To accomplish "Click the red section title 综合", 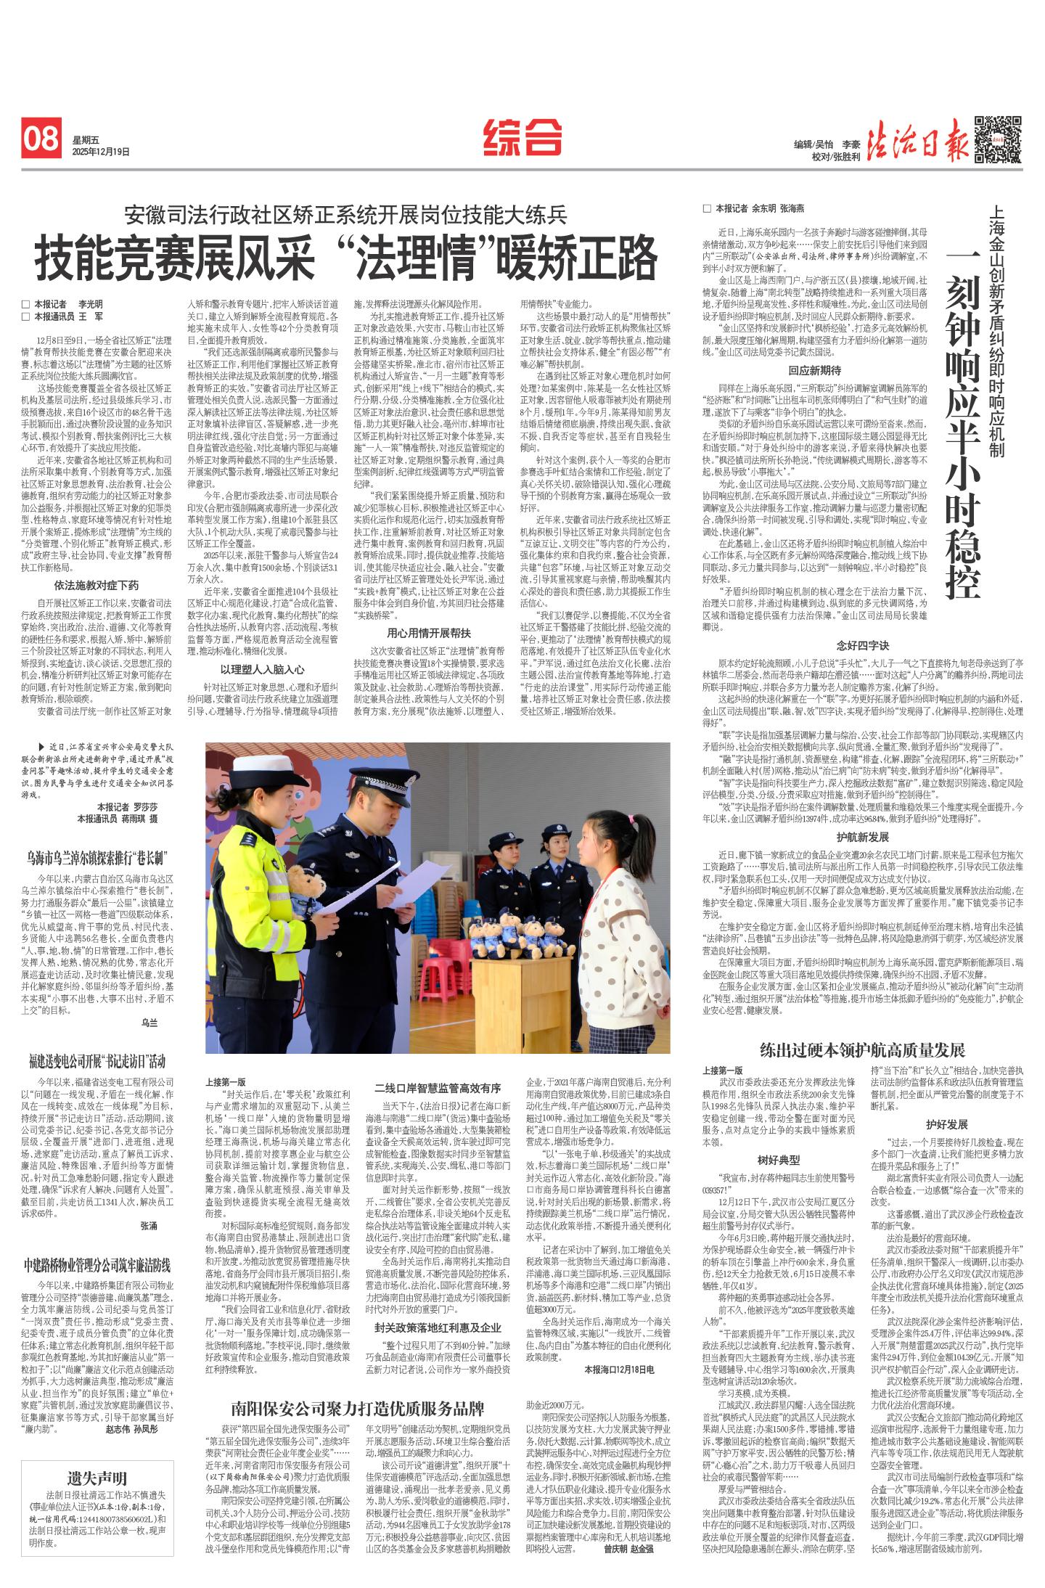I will [x=522, y=136].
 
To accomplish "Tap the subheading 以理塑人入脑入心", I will [x=263, y=670].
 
